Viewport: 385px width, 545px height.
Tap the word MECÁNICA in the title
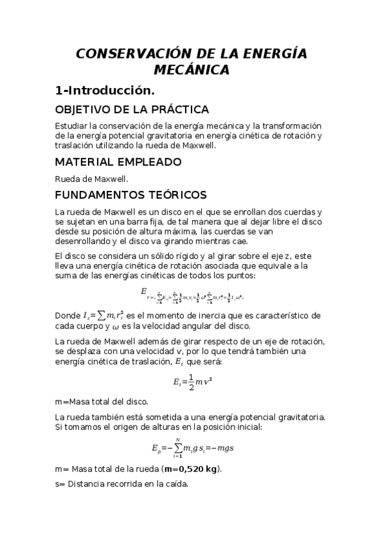(x=192, y=69)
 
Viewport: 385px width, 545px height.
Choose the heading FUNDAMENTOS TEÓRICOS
(x=131, y=194)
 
